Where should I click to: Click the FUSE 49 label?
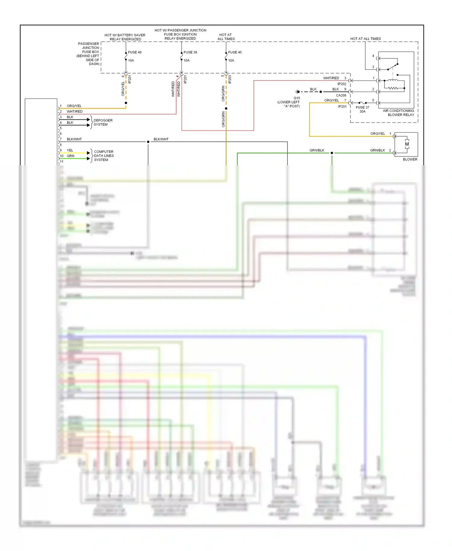point(134,52)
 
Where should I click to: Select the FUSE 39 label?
point(190,52)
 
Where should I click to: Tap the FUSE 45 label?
point(235,52)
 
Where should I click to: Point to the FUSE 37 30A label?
point(362,109)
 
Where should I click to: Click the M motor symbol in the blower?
point(407,144)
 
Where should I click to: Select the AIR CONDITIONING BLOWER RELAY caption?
point(399,113)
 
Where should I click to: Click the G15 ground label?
point(297,98)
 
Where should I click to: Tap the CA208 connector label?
point(341,95)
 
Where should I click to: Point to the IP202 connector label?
point(342,84)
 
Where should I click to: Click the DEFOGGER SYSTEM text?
point(103,122)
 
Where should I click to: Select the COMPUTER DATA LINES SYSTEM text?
point(104,156)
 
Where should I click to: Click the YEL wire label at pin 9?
point(70,150)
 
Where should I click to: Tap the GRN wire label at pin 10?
point(71,156)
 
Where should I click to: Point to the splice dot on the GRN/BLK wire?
point(332,153)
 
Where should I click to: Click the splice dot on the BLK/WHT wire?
point(148,142)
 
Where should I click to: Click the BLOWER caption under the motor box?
point(410,159)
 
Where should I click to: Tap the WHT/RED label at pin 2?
point(74,112)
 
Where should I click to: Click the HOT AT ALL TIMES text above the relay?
point(365,39)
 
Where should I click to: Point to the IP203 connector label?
point(230,79)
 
